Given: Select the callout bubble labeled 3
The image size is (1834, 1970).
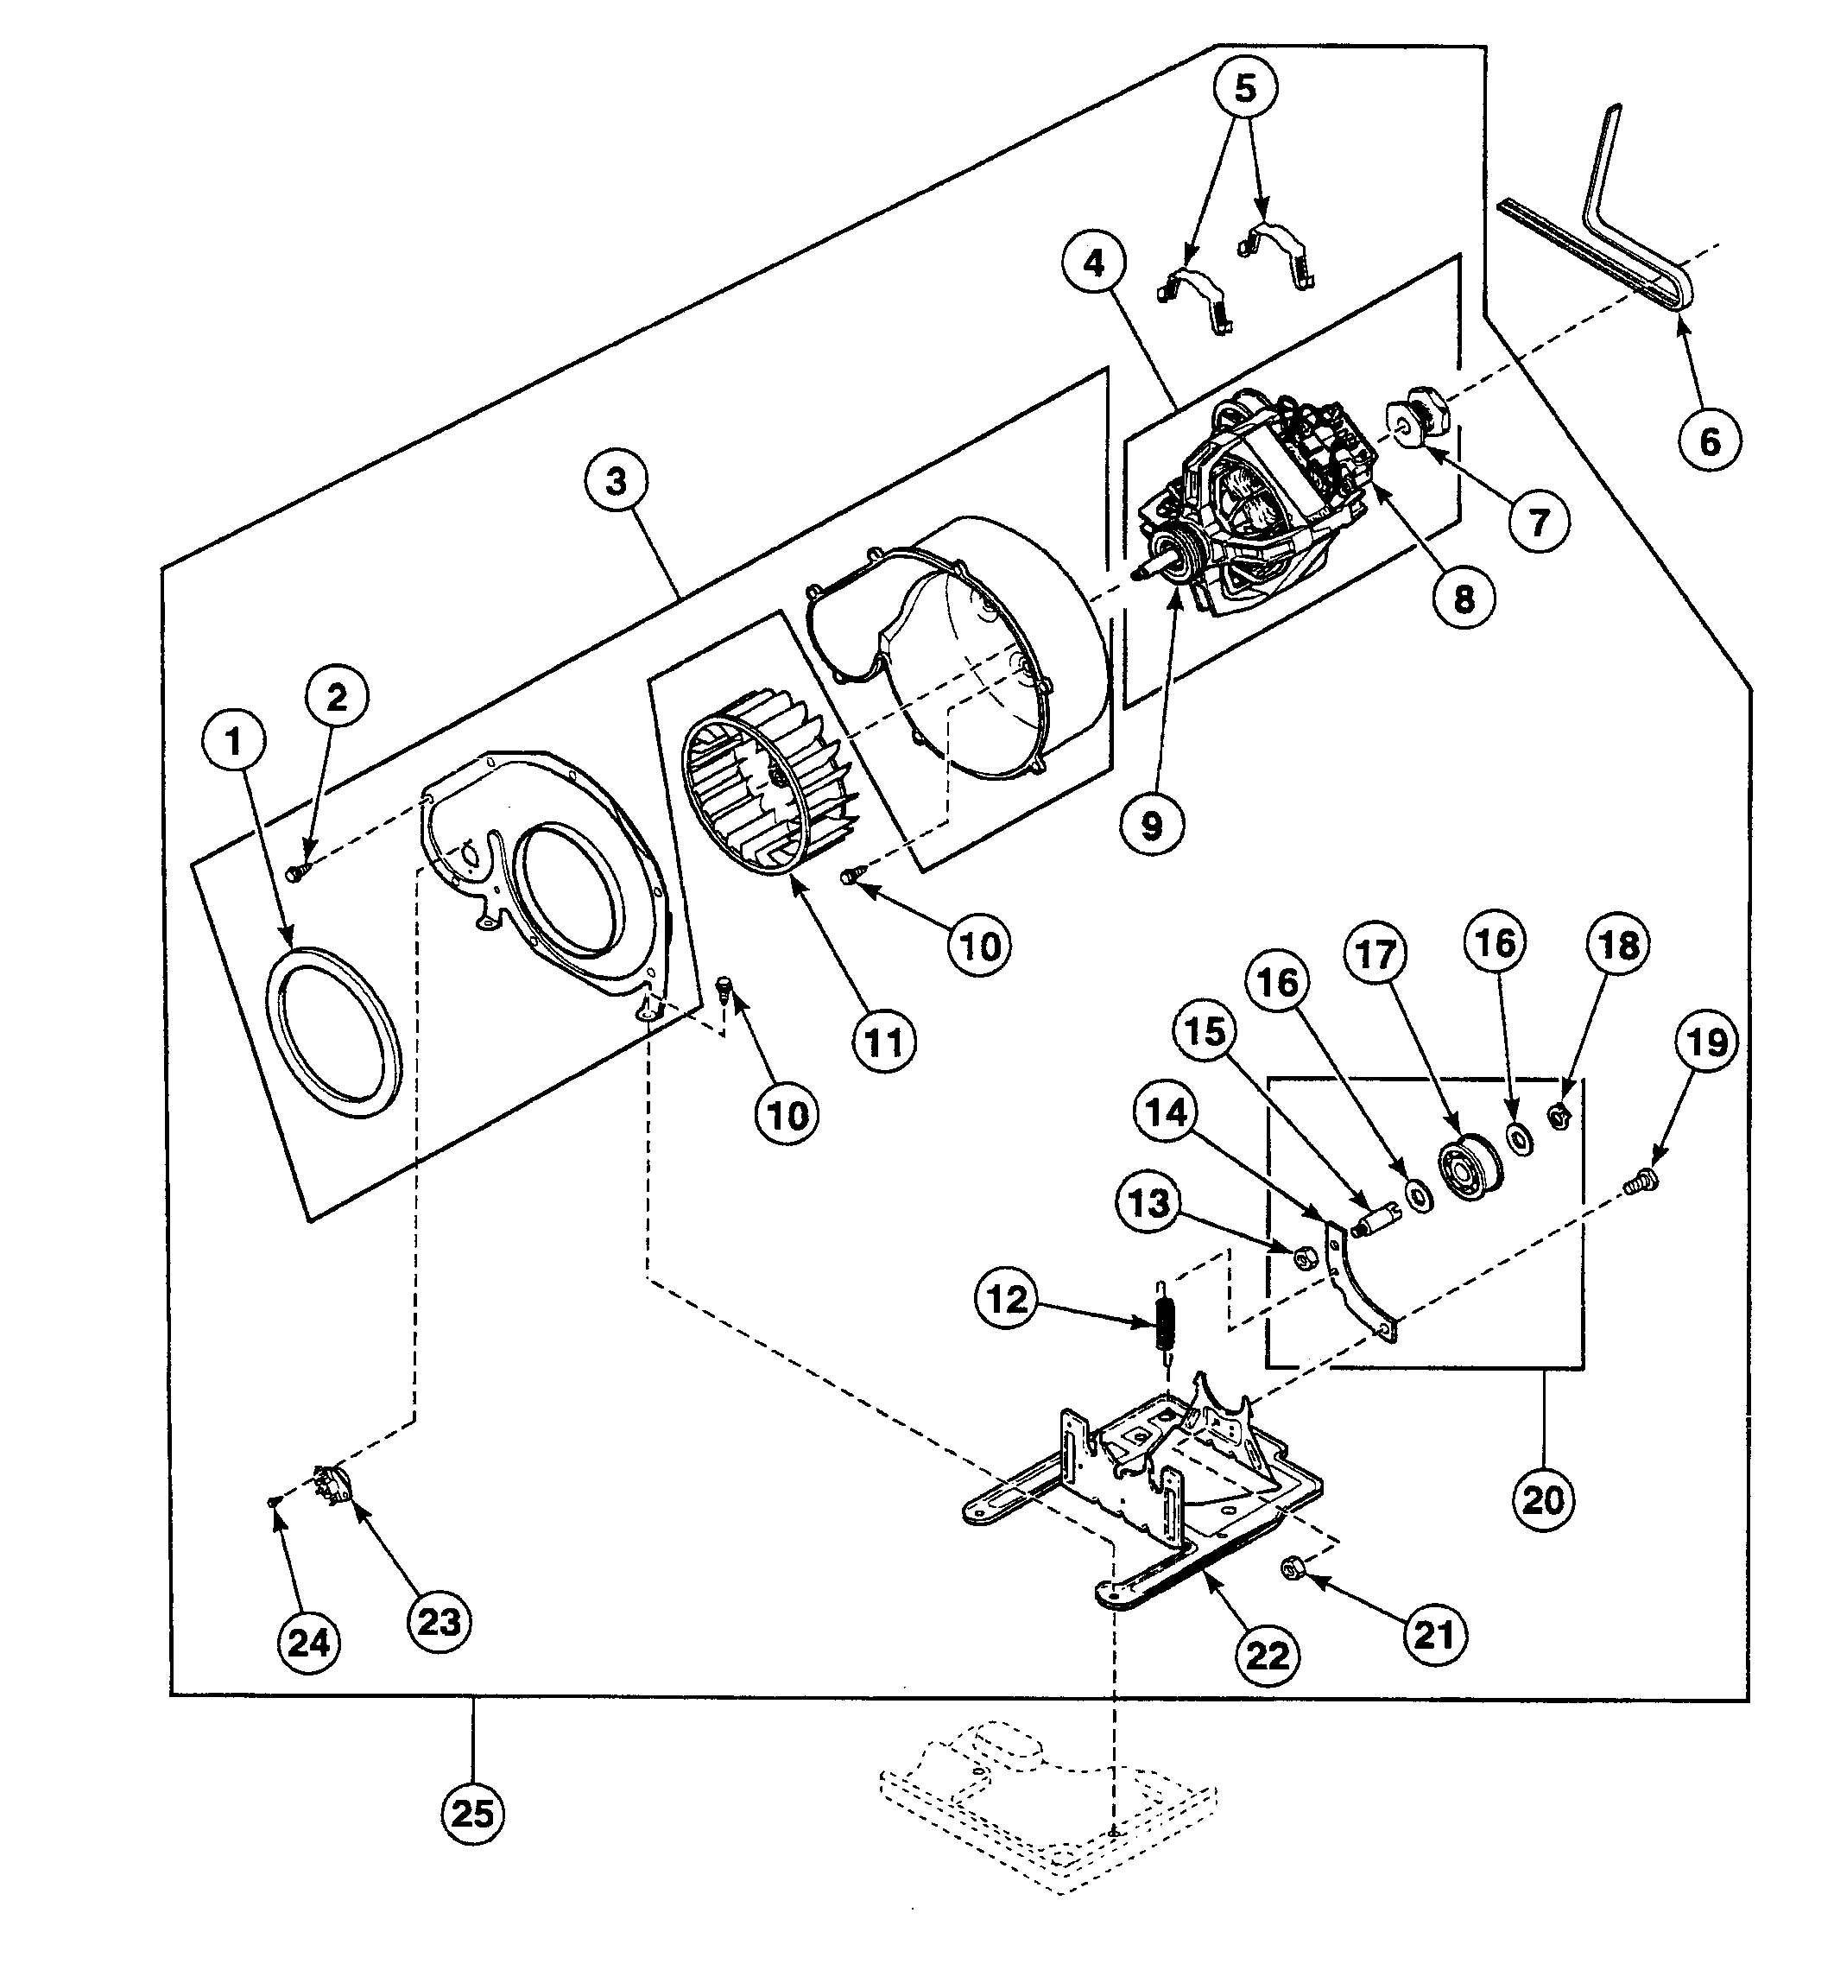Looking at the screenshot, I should point(617,482).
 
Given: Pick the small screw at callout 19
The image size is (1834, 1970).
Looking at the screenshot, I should point(1641,1179).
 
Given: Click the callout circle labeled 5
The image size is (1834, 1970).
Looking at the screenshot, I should point(1244,88).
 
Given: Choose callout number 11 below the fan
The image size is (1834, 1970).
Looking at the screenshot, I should point(884,1042).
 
